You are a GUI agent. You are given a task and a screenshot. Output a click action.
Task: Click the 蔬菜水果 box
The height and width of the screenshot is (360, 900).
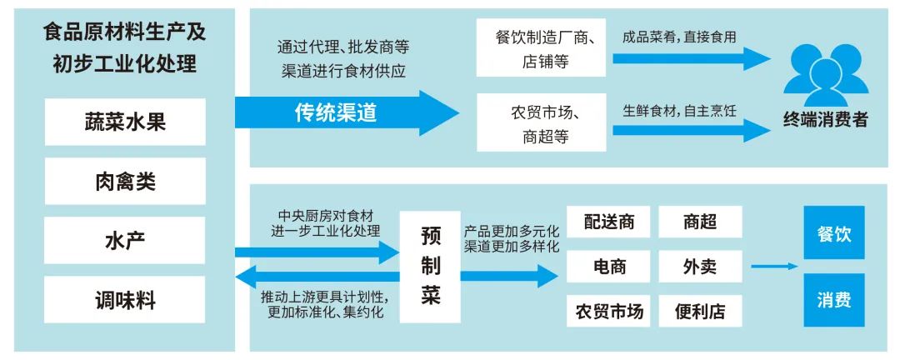pyautogui.click(x=125, y=122)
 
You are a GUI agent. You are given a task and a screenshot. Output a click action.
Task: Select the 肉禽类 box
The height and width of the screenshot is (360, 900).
pyautogui.click(x=125, y=181)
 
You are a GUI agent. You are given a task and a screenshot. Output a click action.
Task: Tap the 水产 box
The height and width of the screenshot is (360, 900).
pyautogui.click(x=125, y=241)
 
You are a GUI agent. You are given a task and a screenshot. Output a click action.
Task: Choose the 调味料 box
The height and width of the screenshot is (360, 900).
pyautogui.click(x=125, y=300)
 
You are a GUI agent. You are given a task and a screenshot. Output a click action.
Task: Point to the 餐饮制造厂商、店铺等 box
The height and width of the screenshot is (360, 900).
pyautogui.click(x=542, y=49)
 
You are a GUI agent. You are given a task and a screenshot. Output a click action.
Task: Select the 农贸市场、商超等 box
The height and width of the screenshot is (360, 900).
pyautogui.click(x=542, y=123)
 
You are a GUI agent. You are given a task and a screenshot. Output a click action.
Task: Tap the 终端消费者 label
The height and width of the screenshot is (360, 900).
pyautogui.click(x=825, y=119)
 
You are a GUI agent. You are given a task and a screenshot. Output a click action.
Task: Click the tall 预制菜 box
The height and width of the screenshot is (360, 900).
pyautogui.click(x=430, y=267)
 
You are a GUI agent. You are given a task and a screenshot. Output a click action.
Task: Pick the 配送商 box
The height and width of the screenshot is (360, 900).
pyautogui.click(x=609, y=222)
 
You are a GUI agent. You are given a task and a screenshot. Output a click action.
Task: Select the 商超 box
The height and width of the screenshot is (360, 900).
pyautogui.click(x=700, y=222)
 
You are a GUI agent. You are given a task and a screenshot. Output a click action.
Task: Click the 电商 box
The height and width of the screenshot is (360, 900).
pyautogui.click(x=609, y=267)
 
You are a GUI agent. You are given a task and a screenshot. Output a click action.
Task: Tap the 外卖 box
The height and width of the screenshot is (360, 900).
pyautogui.click(x=700, y=267)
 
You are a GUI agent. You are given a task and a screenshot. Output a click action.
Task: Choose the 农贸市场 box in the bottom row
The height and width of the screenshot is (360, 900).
pyautogui.click(x=609, y=312)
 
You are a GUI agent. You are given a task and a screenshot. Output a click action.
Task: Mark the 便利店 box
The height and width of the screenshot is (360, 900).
pyautogui.click(x=700, y=312)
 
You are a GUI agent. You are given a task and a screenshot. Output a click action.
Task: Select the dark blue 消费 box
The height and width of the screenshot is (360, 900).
pyautogui.click(x=833, y=300)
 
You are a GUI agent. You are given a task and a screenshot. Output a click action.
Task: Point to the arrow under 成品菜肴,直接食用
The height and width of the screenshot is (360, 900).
pyautogui.click(x=691, y=58)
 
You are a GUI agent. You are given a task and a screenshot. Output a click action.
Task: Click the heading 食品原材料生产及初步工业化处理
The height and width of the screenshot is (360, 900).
pyautogui.click(x=125, y=48)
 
